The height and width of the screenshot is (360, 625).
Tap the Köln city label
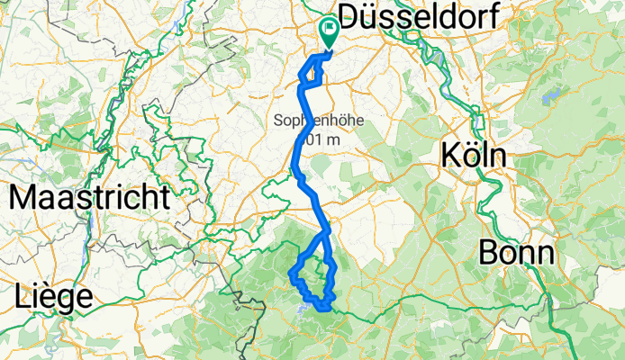[x=474, y=155]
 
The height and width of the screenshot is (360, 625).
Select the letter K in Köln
[x=450, y=155]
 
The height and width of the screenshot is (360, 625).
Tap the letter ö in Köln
[x=471, y=155]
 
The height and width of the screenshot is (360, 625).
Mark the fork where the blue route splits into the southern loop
[x=326, y=230]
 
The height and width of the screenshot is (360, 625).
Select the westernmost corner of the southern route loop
[x=289, y=272]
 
